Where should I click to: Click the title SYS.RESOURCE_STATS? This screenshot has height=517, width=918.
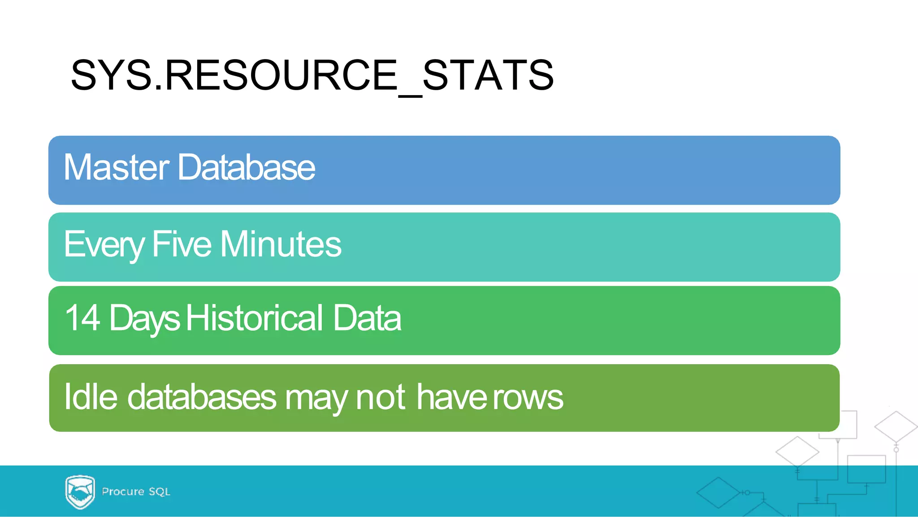312,75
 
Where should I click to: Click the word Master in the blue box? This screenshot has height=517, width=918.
116,167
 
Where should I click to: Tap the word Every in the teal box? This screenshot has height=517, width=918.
104,244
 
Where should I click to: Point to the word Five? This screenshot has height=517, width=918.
182,244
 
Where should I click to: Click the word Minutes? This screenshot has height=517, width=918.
281,244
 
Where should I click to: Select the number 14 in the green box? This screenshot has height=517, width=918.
82,317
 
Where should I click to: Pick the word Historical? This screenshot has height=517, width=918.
255,317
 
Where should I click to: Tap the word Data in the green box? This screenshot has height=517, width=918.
367,317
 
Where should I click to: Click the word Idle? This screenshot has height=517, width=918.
91,396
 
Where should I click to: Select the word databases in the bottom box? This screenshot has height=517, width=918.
202,396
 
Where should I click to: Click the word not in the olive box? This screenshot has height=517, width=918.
380,396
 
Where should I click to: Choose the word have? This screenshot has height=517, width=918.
452,396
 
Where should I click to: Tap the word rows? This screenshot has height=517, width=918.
528,397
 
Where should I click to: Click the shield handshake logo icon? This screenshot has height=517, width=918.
80,492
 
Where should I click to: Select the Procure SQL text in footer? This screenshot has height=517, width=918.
136,491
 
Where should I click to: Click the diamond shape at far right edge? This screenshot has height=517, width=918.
896,426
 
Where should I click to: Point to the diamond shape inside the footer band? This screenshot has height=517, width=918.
718,492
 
